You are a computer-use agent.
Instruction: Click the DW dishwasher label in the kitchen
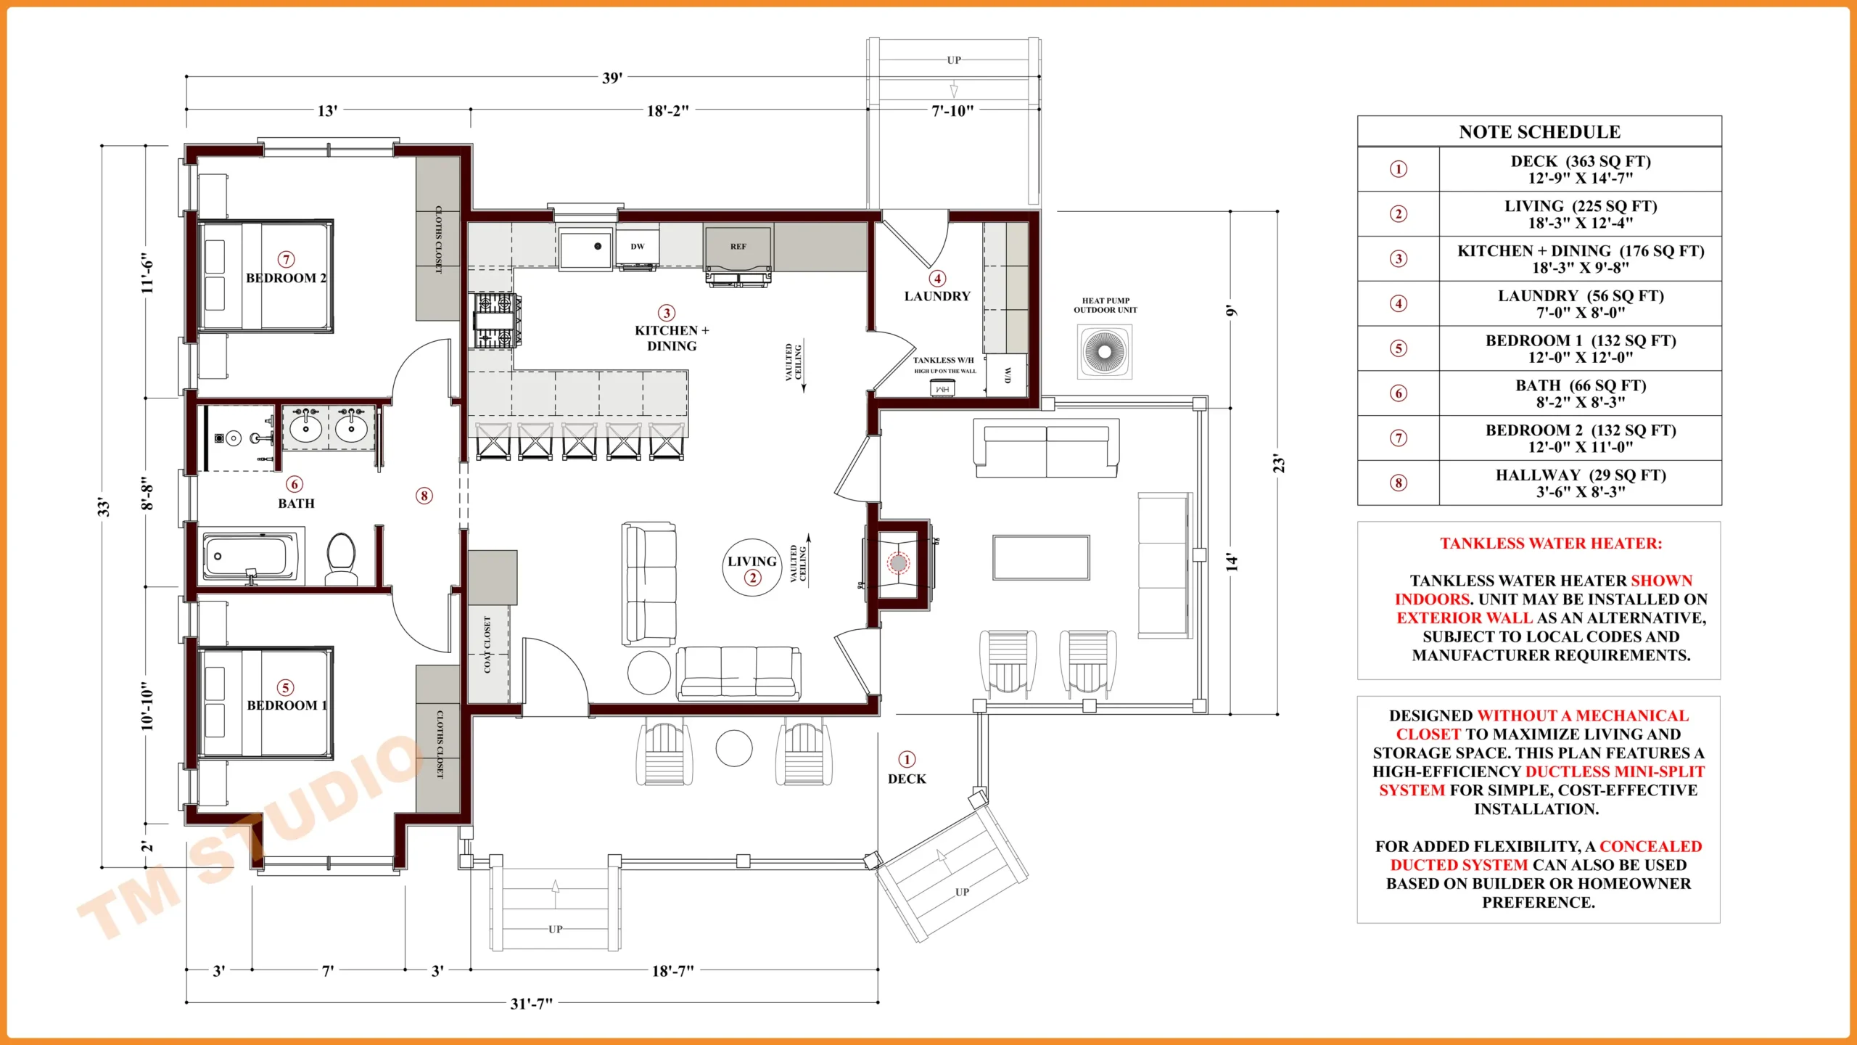[637, 247]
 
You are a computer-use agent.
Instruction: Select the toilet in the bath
[340, 558]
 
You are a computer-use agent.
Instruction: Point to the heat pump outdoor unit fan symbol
[1104, 351]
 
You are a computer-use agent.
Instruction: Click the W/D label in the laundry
[1007, 375]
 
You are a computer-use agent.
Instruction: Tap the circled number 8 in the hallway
[424, 496]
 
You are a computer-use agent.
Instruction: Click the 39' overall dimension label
[612, 78]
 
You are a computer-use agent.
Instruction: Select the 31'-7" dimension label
[531, 1004]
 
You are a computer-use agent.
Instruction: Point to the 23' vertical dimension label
[1279, 464]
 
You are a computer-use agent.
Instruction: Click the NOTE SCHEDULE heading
[1539, 132]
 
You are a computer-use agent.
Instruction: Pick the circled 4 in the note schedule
[1398, 303]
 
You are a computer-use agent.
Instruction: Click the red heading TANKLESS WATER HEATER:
[1550, 544]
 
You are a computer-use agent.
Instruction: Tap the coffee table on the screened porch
[1041, 557]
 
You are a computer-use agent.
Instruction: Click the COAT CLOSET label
[487, 644]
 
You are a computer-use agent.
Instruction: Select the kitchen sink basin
[585, 249]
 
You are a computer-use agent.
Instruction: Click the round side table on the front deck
[733, 748]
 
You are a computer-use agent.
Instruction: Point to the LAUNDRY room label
[936, 296]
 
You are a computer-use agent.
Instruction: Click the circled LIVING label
[752, 567]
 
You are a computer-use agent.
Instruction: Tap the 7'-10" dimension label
[952, 111]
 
